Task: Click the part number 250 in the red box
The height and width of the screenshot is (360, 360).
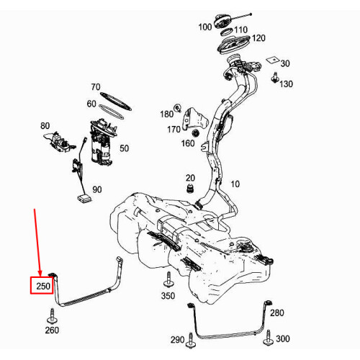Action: (x=43, y=286)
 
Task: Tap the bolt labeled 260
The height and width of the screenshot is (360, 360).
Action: (x=52, y=316)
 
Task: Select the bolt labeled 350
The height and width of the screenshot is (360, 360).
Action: (x=168, y=280)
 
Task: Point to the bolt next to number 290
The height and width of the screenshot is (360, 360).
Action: (x=191, y=340)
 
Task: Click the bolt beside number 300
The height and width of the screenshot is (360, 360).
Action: (x=268, y=338)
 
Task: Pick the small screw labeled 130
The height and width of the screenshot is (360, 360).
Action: (x=275, y=78)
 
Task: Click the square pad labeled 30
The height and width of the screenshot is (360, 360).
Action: (x=273, y=60)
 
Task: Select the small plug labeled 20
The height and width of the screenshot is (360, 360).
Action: (x=190, y=188)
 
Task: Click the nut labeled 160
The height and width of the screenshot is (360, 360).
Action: (x=196, y=133)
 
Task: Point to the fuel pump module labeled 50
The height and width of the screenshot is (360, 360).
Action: (x=103, y=142)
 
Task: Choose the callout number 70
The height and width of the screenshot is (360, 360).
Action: (x=96, y=86)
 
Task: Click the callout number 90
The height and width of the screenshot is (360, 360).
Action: (x=97, y=189)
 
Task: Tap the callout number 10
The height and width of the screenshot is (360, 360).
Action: (x=235, y=184)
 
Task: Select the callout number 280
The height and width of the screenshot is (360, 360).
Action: (x=277, y=312)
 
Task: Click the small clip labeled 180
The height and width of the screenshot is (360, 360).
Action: (x=178, y=108)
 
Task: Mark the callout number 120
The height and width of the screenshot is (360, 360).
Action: (x=258, y=38)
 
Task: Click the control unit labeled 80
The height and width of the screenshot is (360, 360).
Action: (x=60, y=142)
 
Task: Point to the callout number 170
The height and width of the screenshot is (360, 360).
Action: (x=174, y=130)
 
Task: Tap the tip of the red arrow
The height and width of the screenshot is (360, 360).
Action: (x=40, y=276)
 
